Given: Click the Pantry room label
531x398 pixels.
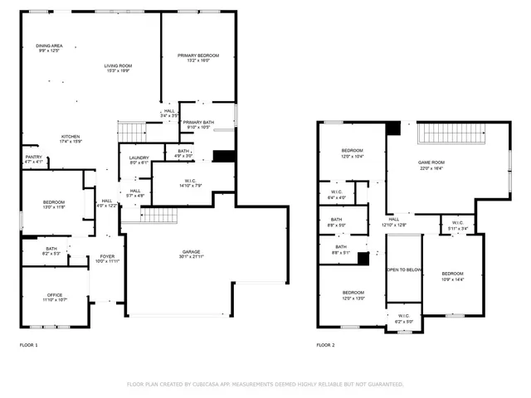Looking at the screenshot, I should (33, 158).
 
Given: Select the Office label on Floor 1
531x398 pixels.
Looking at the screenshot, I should (55, 296).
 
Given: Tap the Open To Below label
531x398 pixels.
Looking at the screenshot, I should (404, 270).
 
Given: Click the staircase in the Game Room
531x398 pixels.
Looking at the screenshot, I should (451, 133).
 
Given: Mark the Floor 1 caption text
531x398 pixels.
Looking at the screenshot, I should (28, 344).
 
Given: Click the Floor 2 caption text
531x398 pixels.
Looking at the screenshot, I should (325, 344).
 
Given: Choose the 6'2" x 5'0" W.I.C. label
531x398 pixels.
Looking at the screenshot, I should (404, 318).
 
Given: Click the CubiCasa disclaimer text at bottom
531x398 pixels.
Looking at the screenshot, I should (265, 384).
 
